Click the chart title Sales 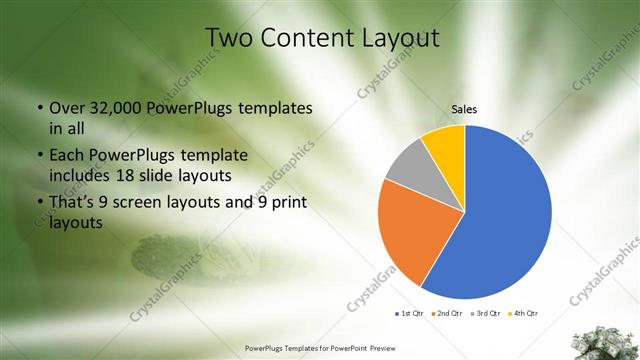[x=464, y=108]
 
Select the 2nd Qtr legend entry [x=445, y=313]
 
